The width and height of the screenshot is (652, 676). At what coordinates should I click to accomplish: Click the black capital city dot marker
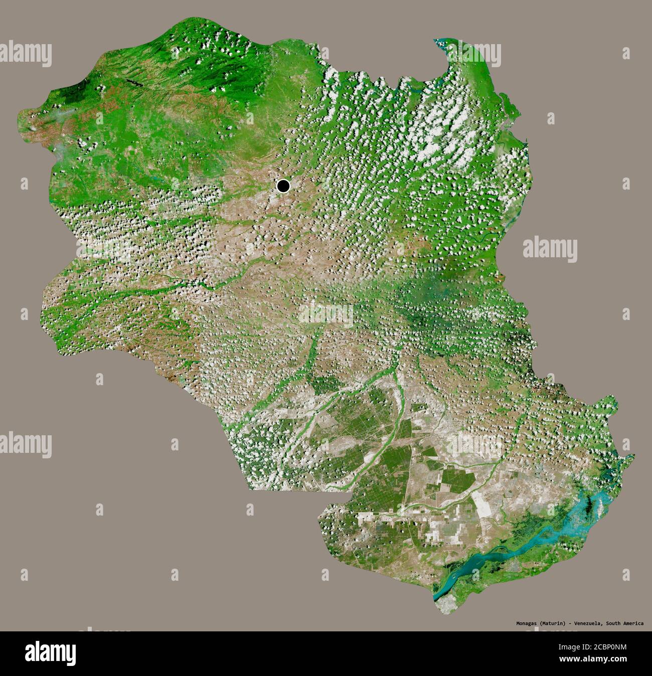coord(283,187)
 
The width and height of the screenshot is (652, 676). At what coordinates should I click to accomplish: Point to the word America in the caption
coord(632,623)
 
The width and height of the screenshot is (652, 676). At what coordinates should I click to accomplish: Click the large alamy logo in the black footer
coord(50,653)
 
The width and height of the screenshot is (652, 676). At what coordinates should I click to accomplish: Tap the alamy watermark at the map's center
coord(326,313)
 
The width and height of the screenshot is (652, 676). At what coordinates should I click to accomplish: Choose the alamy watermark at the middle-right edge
coord(550,249)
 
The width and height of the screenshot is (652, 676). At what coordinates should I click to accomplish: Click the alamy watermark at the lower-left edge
coord(25,444)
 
